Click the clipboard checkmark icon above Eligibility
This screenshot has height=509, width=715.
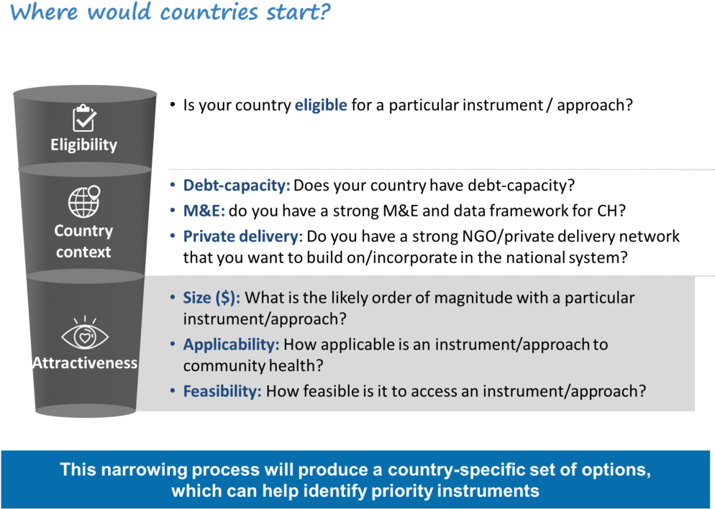(84, 118)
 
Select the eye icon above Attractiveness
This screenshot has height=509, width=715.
(84, 334)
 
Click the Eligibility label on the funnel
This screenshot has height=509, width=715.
(83, 145)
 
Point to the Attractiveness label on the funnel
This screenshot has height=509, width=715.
(84, 363)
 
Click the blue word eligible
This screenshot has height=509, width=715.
(321, 106)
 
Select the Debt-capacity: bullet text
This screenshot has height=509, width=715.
(236, 185)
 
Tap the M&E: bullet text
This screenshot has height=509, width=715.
(204, 211)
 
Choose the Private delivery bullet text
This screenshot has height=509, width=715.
(240, 237)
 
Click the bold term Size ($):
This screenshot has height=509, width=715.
(211, 298)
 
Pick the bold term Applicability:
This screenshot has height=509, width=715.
(231, 344)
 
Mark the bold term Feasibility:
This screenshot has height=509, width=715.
(222, 392)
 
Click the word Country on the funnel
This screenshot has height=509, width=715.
(83, 231)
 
